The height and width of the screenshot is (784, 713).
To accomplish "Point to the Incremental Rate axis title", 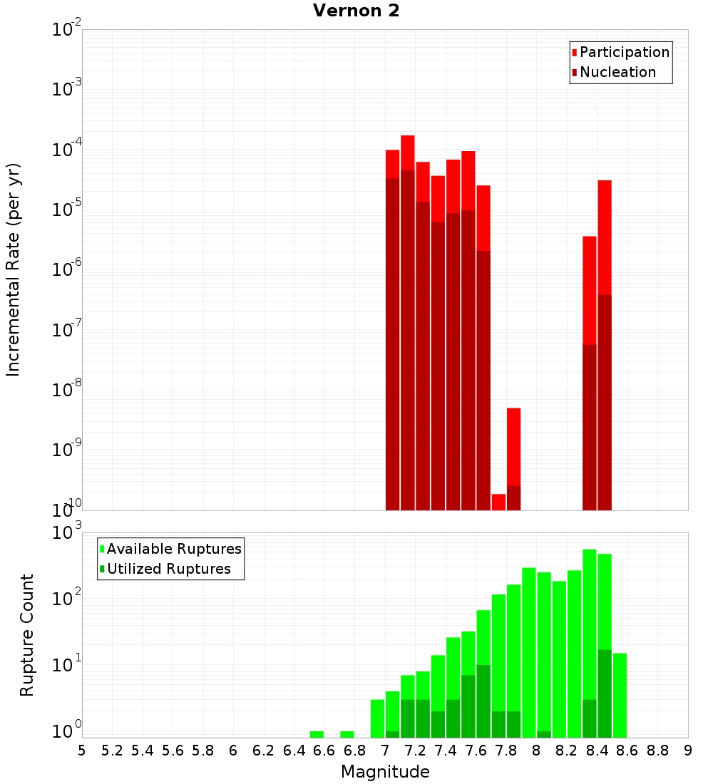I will click(14, 269).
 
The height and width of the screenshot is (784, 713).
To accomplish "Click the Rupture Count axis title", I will click(27, 635).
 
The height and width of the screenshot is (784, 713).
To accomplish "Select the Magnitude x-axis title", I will click(385, 771).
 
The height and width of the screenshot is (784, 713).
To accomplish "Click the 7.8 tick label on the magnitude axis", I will click(506, 750).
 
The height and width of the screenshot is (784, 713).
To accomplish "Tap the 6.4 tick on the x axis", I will click(294, 750).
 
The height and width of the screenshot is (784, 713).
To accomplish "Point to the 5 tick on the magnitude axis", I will click(82, 750).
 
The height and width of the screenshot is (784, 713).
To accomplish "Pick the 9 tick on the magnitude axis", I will click(688, 750).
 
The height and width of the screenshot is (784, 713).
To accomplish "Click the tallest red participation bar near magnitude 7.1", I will click(408, 153).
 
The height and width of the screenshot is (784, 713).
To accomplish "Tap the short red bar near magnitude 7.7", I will click(498, 502).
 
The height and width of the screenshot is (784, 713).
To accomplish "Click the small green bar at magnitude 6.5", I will click(317, 734).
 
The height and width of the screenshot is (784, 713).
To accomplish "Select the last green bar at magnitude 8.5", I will click(620, 695).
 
